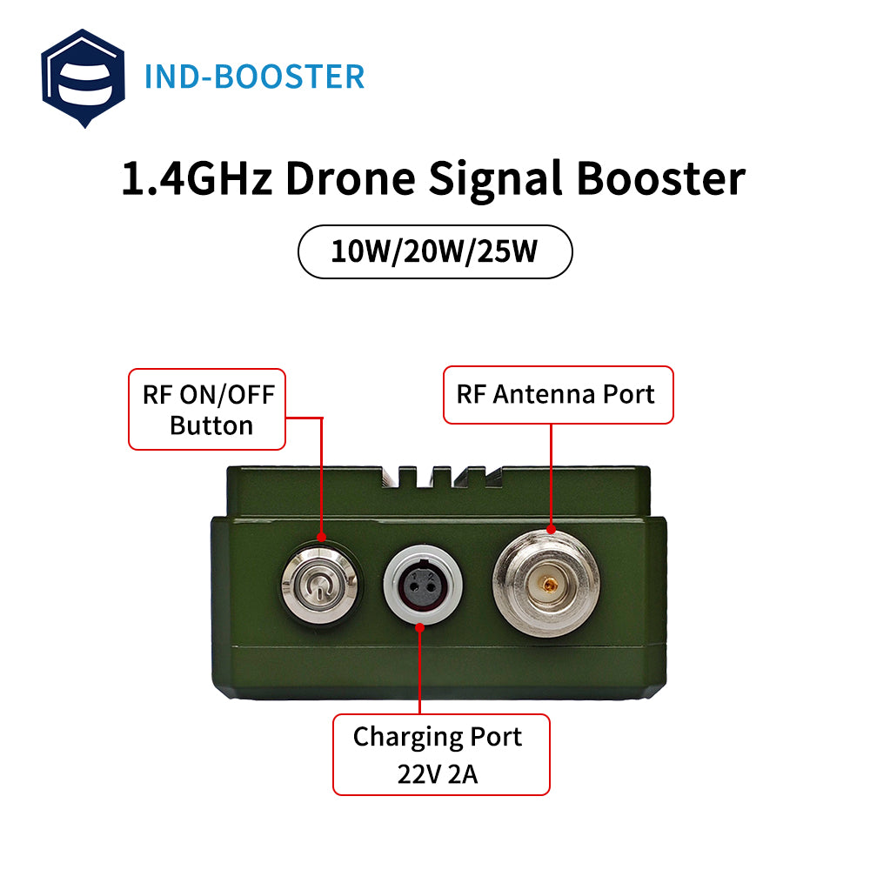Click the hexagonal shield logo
[84, 78]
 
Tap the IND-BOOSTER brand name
[254, 77]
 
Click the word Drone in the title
[350, 178]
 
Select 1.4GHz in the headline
[197, 178]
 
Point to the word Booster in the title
[661, 178]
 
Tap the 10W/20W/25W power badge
[435, 251]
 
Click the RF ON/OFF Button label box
[207, 410]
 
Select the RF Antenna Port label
[559, 395]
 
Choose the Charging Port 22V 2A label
[441, 754]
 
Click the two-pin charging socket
[423, 585]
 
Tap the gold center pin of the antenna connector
[549, 585]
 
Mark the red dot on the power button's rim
[321, 537]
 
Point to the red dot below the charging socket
[420, 627]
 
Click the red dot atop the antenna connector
[551, 529]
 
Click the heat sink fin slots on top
[442, 477]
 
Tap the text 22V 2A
[438, 774]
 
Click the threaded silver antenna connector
[546, 583]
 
